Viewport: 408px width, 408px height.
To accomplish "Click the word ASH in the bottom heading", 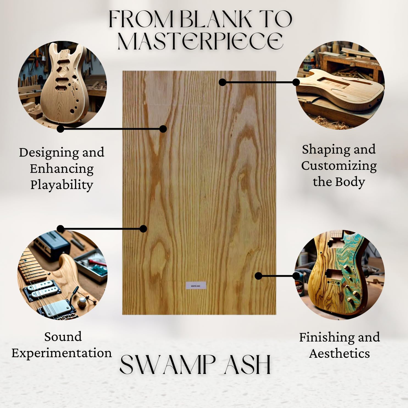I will pyautogui.click(x=247, y=365).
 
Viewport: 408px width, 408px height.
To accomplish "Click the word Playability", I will pyautogui.click(x=62, y=185).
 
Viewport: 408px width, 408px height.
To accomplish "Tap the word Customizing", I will pyautogui.click(x=339, y=166).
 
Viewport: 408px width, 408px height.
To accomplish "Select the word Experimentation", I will pyautogui.click(x=62, y=353).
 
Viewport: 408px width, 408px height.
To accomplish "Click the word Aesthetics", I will pyautogui.click(x=339, y=353).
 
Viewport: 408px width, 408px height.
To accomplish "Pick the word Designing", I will pyautogui.click(x=49, y=152).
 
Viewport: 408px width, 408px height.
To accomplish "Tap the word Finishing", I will pyautogui.click(x=324, y=337).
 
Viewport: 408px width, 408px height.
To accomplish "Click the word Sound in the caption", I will pyautogui.click(x=63, y=337).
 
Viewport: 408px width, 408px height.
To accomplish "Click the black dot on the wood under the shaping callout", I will pyautogui.click(x=223, y=82).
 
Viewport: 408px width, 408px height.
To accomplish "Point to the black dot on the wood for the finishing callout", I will pyautogui.click(x=258, y=276).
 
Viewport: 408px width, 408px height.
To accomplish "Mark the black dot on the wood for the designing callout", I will pyautogui.click(x=163, y=129).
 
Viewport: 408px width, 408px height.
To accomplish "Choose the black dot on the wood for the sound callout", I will pyautogui.click(x=143, y=229).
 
